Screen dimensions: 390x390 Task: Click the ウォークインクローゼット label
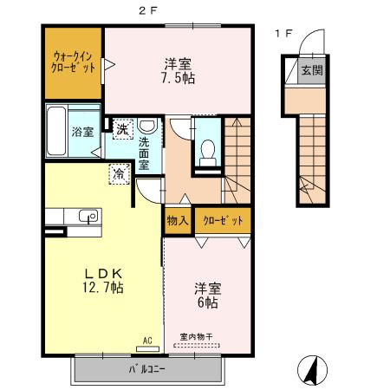pyautogui.click(x=73, y=62)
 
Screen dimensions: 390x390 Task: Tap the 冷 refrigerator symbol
pyautogui.click(x=117, y=173)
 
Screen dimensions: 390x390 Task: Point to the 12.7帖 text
pyautogui.click(x=103, y=287)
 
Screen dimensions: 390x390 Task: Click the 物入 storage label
pyautogui.click(x=178, y=222)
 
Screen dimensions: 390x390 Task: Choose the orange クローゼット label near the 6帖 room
pyautogui.click(x=224, y=222)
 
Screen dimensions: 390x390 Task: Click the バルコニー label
pyautogui.click(x=146, y=370)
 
